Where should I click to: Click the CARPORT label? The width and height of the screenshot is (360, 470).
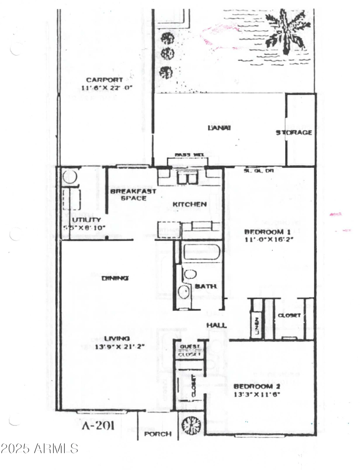(x=104, y=80)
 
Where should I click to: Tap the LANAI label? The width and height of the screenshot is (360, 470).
(x=219, y=128)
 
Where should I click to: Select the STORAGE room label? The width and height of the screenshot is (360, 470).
(x=294, y=133)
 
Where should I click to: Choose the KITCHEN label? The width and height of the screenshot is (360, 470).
(x=190, y=205)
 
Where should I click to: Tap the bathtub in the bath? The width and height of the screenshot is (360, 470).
(x=201, y=251)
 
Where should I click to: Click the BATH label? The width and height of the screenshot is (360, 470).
(x=206, y=286)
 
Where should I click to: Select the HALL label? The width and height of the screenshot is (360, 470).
(x=216, y=325)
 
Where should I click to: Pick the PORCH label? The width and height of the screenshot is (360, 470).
(x=158, y=434)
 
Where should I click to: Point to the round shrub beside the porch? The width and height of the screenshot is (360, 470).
(x=191, y=424)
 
